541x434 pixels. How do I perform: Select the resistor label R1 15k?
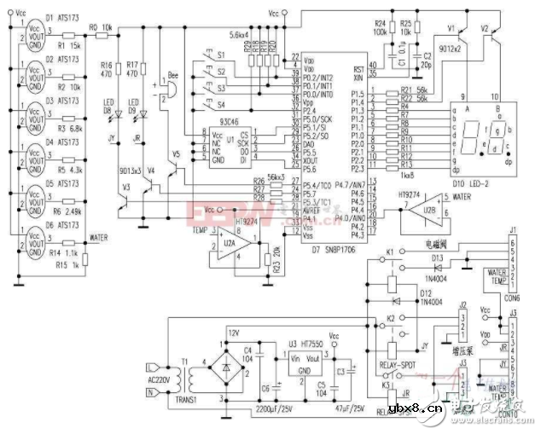68,44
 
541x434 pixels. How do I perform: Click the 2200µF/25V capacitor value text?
270,410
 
